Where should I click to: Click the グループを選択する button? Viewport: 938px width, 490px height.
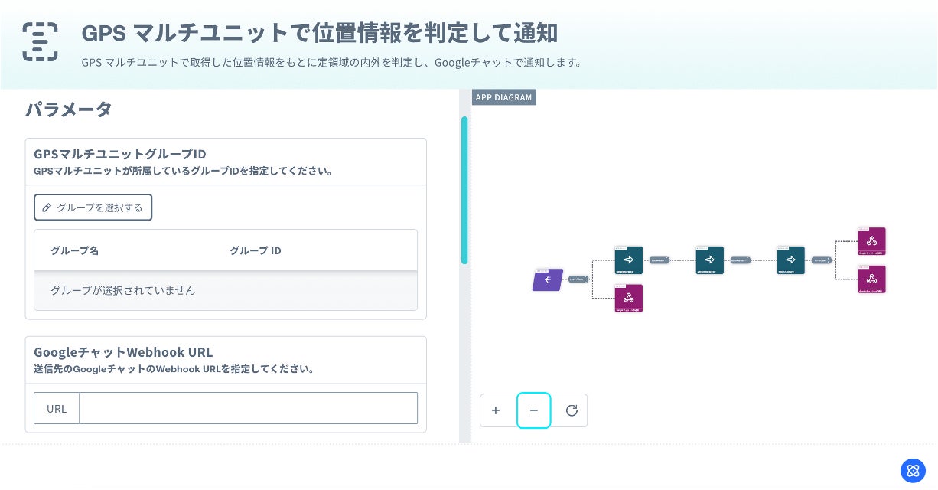(x=93, y=207)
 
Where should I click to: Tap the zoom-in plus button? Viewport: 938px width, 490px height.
(x=496, y=410)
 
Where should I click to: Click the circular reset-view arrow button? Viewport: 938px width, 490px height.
(x=571, y=410)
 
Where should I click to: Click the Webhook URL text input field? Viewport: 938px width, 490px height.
(x=248, y=408)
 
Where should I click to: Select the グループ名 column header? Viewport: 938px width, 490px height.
(x=74, y=250)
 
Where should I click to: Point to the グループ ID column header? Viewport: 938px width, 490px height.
(x=256, y=250)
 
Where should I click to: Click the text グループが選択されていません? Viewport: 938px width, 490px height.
(x=122, y=290)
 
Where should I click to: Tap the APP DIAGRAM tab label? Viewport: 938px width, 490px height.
(x=503, y=97)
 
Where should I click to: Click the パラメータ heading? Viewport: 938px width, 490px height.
(x=69, y=109)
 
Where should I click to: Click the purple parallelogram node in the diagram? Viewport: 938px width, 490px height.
(x=548, y=280)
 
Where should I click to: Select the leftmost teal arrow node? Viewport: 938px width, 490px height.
(x=629, y=260)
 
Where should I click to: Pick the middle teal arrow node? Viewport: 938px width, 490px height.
(x=710, y=260)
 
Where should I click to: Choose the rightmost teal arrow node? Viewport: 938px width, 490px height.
(x=791, y=260)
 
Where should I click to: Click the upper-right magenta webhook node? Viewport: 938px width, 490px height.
(x=872, y=241)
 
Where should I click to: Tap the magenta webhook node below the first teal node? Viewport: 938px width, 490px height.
(x=629, y=299)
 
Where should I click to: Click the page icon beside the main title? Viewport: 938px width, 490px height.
(x=40, y=41)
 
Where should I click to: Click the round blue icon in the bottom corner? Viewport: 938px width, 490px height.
(x=913, y=470)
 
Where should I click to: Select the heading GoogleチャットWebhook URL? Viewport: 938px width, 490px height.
(x=123, y=352)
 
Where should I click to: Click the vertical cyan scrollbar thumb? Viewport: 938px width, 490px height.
(x=464, y=190)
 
